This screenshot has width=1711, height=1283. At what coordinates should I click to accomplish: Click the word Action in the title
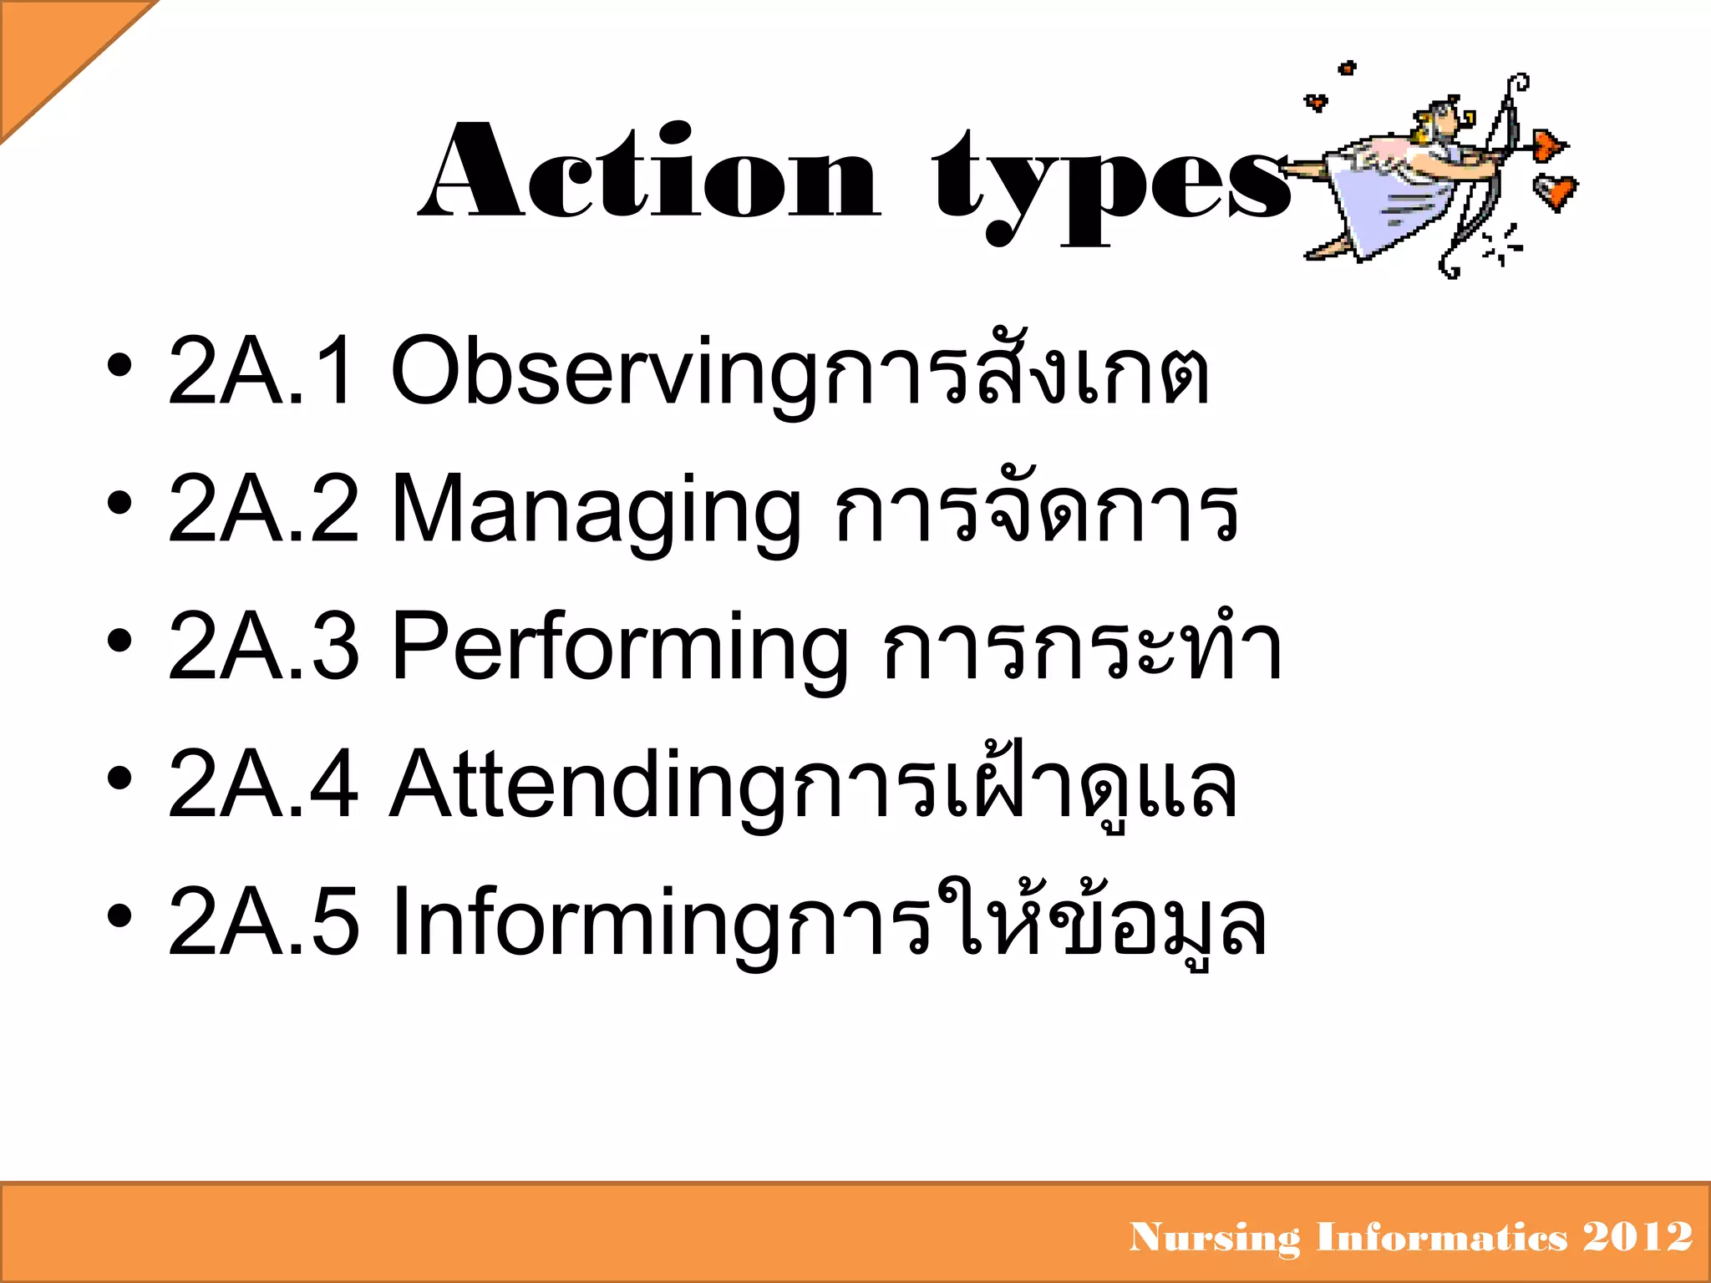(x=650, y=171)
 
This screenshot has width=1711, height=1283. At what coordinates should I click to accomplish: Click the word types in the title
(x=1111, y=184)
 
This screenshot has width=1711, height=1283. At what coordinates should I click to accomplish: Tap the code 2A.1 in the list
(x=261, y=370)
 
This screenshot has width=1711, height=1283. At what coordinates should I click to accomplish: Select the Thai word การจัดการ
(x=1036, y=508)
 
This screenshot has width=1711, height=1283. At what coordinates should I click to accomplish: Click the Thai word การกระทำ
(x=1082, y=646)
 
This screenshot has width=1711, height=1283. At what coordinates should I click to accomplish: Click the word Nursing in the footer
(x=1214, y=1237)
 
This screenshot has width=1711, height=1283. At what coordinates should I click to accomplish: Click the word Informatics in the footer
(x=1441, y=1236)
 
